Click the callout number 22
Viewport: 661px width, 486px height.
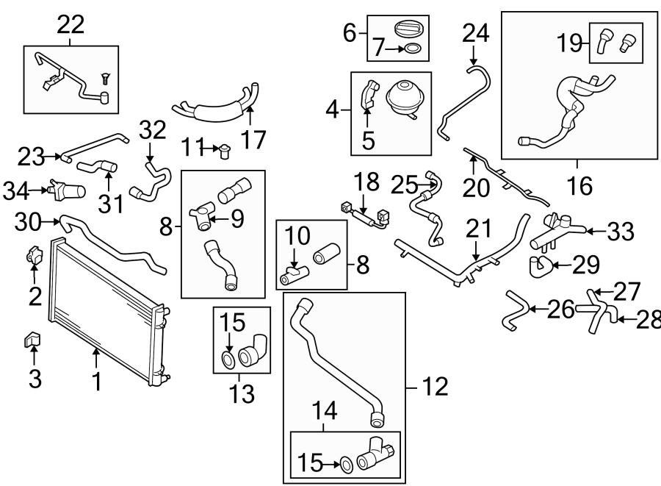click(71, 25)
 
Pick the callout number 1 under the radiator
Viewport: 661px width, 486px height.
click(96, 383)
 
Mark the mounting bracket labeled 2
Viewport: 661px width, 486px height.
click(35, 255)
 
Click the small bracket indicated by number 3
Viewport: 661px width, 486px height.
click(34, 340)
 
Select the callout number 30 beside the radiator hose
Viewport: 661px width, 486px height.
click(27, 220)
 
